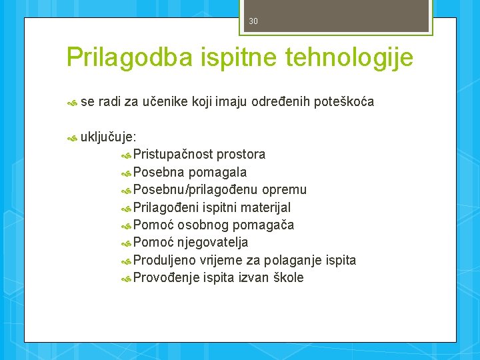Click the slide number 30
[x=253, y=21]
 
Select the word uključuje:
[x=109, y=137]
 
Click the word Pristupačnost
[x=172, y=155]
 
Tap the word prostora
[x=241, y=155]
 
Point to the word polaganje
[x=293, y=260]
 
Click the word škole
[x=287, y=278]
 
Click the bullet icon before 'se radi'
[x=72, y=102]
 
